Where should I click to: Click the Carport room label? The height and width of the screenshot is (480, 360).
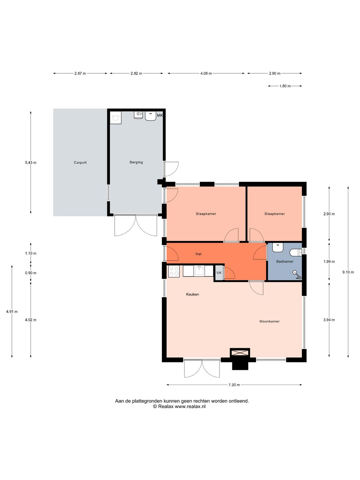(x=80, y=162)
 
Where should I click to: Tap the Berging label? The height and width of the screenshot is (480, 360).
(x=136, y=162)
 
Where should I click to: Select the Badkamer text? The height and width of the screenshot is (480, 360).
(x=285, y=261)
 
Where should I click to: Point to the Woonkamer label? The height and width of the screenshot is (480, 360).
(x=269, y=321)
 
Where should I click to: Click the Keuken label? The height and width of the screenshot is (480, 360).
(x=192, y=294)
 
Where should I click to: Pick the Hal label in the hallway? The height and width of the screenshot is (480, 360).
(x=198, y=254)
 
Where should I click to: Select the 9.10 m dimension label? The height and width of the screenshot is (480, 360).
(x=348, y=272)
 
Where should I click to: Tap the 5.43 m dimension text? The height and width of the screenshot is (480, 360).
(x=31, y=162)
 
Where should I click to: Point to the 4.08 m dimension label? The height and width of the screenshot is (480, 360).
(x=206, y=73)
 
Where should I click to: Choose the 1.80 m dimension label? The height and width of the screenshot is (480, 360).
(x=285, y=86)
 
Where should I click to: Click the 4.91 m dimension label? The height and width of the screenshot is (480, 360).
(x=12, y=312)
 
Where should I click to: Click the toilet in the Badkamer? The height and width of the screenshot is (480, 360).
(x=296, y=253)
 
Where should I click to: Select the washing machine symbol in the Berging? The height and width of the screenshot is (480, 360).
(x=115, y=118)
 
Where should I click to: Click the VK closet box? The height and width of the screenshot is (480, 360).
(x=219, y=273)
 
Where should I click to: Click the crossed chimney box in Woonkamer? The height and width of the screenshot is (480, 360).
(x=240, y=353)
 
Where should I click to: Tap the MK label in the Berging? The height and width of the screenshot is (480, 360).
(x=160, y=115)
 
